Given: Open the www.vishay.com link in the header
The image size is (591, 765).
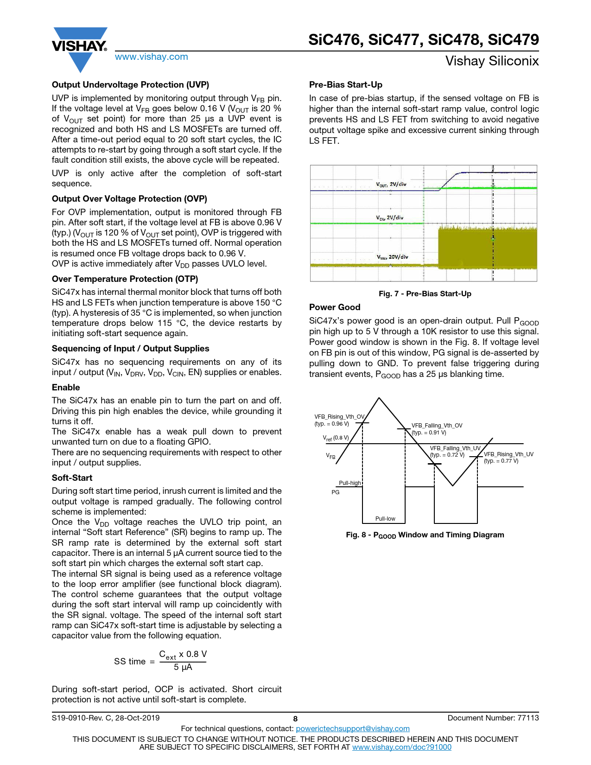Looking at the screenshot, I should [152, 57].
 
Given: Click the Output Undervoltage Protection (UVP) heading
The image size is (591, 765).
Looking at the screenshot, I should [130, 85].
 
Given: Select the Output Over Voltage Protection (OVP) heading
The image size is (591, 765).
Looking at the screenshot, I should [129, 199].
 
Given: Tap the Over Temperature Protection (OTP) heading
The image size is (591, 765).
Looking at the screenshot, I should [125, 279].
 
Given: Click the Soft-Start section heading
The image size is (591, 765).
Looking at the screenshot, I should [72, 478].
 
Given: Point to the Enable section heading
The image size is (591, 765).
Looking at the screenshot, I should [66, 388].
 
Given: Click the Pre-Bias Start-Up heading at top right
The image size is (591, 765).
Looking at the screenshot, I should [345, 85].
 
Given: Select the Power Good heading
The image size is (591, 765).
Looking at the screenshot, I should [334, 307].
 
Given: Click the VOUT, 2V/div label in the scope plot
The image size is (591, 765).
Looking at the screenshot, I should [391, 185].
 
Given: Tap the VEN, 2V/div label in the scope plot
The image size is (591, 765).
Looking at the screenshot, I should [389, 217].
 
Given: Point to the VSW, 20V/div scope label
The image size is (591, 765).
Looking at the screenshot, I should [392, 257].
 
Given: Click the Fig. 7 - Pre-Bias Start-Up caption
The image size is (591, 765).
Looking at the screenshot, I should [425, 294].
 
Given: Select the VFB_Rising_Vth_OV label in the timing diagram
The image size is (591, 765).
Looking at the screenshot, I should [339, 417].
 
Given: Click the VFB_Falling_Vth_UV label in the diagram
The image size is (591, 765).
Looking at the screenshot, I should [455, 448].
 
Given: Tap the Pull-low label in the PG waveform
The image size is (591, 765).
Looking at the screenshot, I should [385, 519].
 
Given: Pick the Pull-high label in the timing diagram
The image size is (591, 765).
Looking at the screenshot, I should [350, 483].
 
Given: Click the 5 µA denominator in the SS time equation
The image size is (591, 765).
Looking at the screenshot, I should [183, 667].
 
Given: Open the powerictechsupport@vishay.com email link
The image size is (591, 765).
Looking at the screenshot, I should [352, 729].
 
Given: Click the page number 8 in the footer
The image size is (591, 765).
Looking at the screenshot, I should [295, 719].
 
